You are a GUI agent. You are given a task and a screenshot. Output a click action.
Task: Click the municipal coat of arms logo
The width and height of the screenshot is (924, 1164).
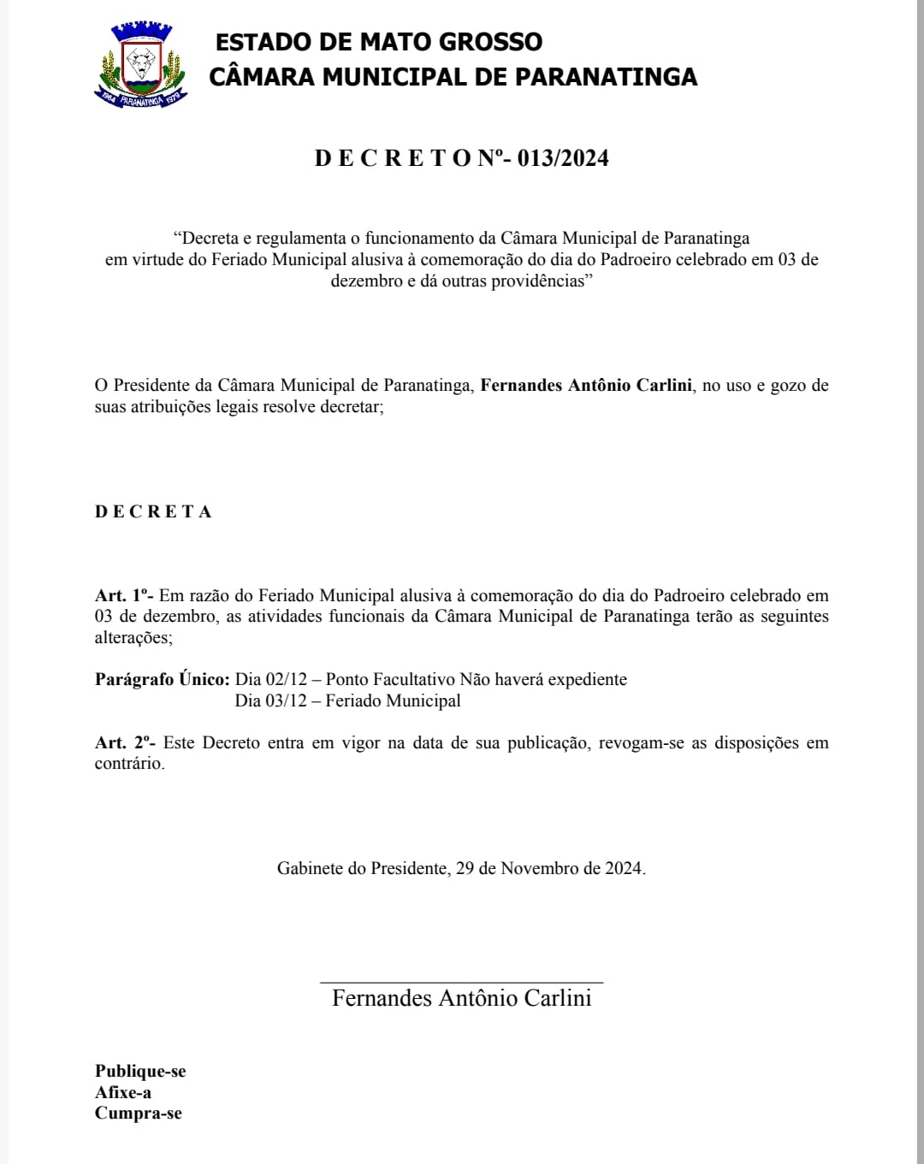point(140,64)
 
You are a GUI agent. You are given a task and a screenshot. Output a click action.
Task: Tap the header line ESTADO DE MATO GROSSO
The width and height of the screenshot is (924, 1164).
point(378,42)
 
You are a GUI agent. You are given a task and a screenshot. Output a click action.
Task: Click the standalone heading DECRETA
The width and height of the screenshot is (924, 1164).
point(153,512)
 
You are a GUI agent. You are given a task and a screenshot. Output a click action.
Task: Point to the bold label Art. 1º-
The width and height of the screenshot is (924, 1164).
point(124,595)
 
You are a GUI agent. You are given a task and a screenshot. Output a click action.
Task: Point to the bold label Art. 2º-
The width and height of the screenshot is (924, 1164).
point(125,742)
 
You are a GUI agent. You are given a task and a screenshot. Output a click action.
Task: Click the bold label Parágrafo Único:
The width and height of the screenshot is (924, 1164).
point(162,680)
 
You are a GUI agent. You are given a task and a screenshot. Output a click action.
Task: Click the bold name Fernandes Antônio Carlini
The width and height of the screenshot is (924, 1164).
point(586,386)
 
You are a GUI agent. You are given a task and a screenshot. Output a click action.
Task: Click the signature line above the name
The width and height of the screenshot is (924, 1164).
point(461,983)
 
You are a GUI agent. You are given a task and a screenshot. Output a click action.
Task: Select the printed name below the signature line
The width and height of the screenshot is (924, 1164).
point(461,998)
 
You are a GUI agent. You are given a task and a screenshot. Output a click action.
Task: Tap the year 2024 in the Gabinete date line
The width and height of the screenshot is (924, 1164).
point(623,869)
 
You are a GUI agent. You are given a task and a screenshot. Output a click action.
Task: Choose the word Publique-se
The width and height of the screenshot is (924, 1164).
point(140,1072)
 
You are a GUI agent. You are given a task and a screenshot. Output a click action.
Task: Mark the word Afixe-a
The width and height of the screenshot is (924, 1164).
point(123,1093)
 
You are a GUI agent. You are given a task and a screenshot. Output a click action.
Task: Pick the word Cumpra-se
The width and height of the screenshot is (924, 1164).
point(139,1114)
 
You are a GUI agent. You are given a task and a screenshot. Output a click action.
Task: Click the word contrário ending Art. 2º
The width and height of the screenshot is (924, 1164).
point(128,764)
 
